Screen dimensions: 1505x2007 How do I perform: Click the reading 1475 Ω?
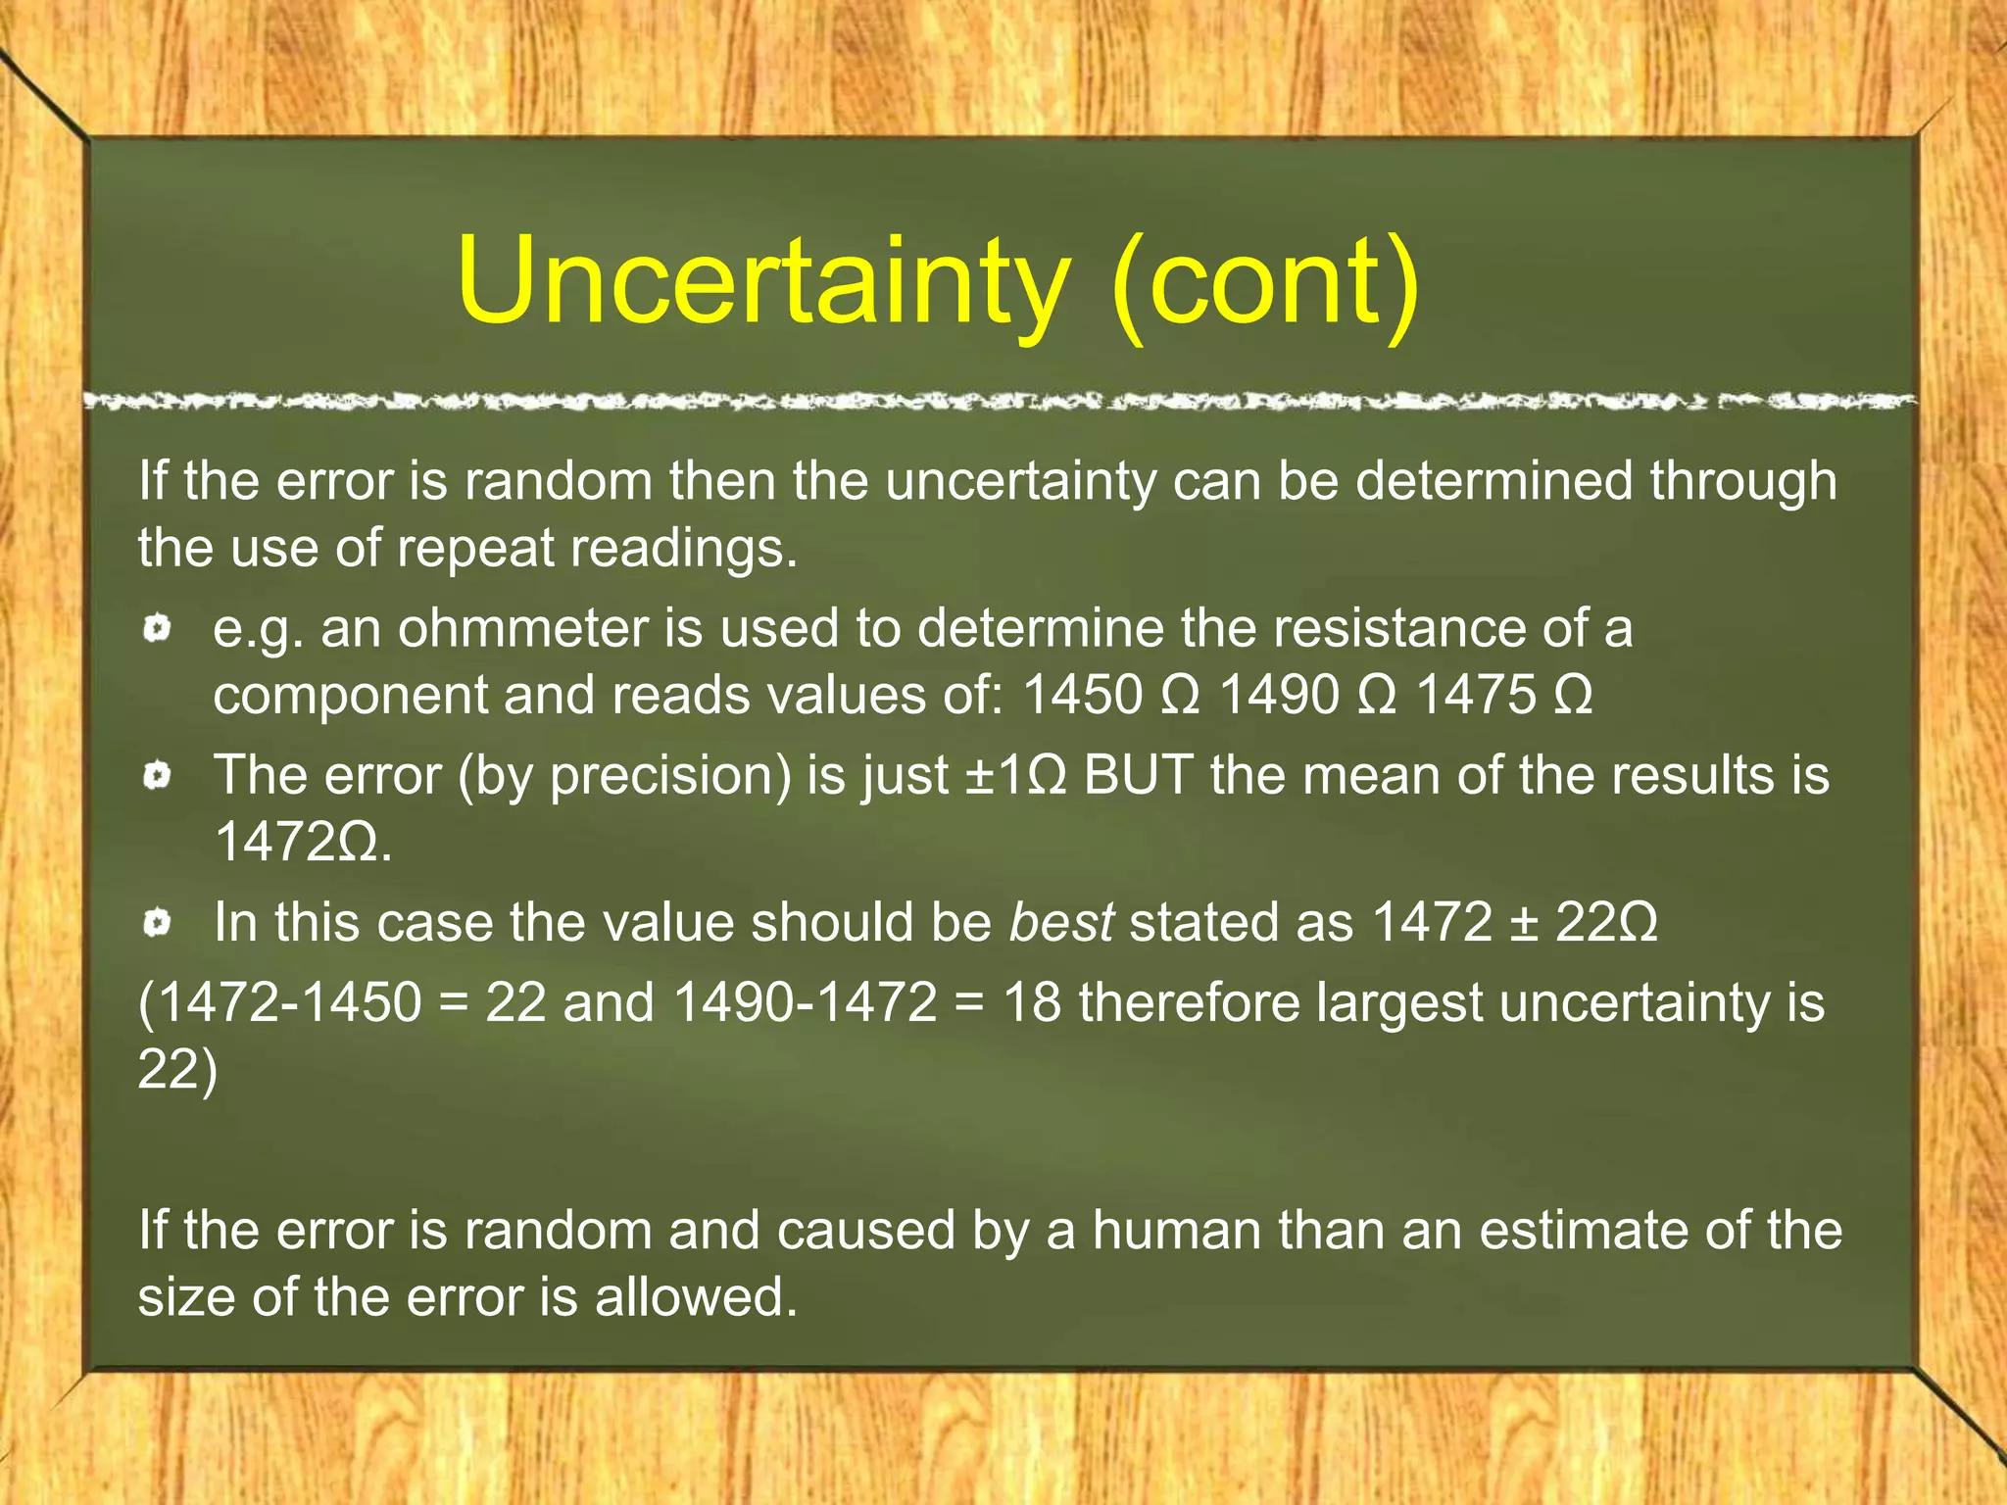tap(1504, 696)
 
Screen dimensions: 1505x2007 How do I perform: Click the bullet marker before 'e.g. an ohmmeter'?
tap(157, 628)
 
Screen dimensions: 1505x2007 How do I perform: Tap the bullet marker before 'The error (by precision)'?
tap(157, 777)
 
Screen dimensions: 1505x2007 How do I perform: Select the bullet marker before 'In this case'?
tap(157, 923)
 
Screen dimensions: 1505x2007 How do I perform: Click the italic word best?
tap(1061, 923)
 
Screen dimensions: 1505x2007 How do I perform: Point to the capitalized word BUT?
tap(1138, 776)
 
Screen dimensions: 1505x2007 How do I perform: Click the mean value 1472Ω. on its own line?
tap(303, 842)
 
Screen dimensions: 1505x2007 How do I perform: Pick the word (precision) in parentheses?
tap(670, 776)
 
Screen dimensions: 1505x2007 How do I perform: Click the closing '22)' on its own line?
tap(177, 1069)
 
